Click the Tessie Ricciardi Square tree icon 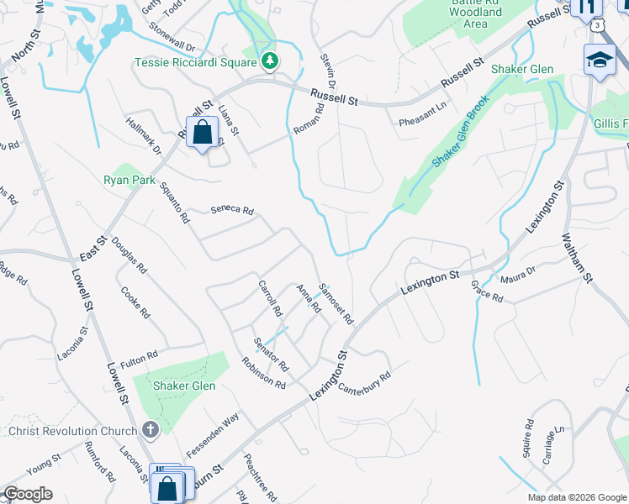pos(270,61)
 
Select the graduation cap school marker pos(600,60)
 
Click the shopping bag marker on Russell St pos(202,132)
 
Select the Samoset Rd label pos(335,302)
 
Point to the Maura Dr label pos(517,276)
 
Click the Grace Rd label pos(487,291)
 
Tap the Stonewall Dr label pos(171,49)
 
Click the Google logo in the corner pos(27,493)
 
